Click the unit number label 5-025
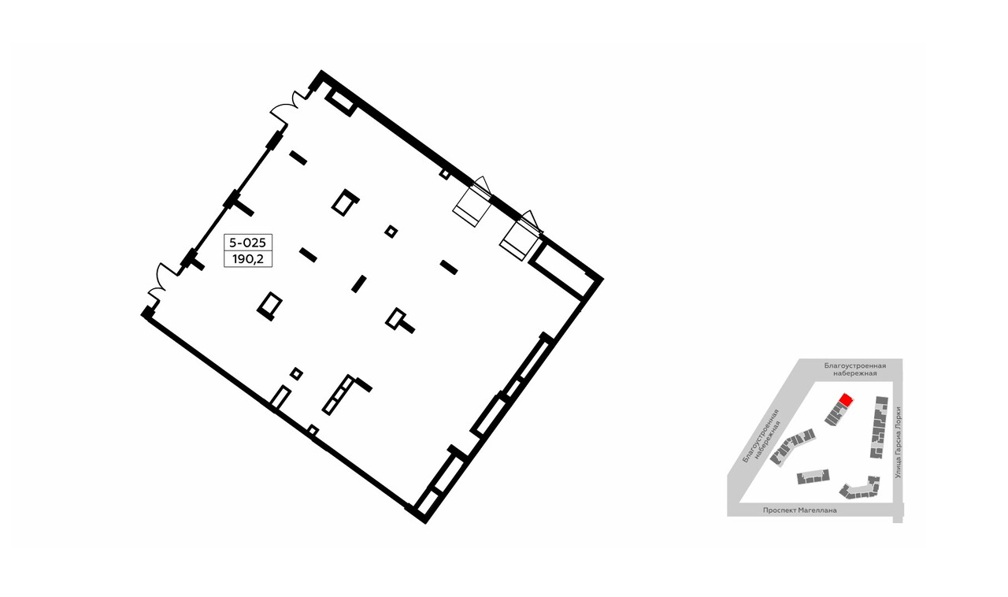coord(247,243)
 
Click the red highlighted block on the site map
coord(845,400)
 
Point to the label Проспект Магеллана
coord(799,510)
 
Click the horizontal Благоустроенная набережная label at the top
coord(855,369)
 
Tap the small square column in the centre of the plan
coord(391,232)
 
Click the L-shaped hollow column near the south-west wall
coord(343,394)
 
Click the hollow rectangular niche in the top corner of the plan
coord(341,102)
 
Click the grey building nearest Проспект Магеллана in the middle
coord(813,476)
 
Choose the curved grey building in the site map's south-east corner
coord(860,488)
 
